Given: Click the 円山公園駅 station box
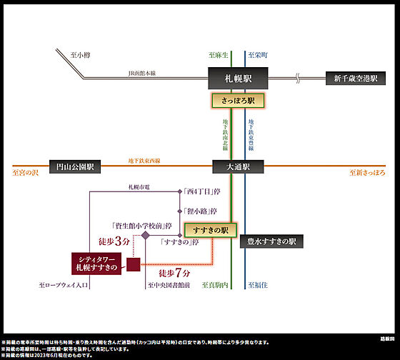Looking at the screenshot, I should [75, 166].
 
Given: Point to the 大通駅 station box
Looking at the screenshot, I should [238, 166].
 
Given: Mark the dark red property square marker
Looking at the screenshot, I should [133, 266].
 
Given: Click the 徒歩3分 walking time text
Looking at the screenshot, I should [114, 243].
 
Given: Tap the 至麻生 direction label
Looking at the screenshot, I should [218, 55].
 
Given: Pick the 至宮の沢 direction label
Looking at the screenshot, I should [26, 172].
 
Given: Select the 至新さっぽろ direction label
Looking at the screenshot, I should [366, 172].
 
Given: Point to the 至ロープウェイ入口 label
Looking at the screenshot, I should [63, 285].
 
